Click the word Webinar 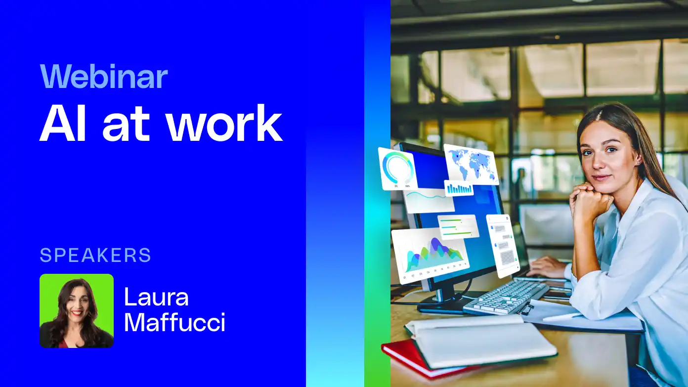pos(104,77)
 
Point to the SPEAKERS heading pos(95,255)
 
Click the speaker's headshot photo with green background pos(77,311)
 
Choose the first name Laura pos(156,297)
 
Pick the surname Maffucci pos(174,322)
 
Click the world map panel pos(471,163)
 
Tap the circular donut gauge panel pos(398,169)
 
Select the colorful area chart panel pos(430,254)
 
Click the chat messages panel pos(503,245)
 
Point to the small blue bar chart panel pos(459,188)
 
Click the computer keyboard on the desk pos(505,297)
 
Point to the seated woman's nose pos(599,164)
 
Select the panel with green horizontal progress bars pos(458,227)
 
